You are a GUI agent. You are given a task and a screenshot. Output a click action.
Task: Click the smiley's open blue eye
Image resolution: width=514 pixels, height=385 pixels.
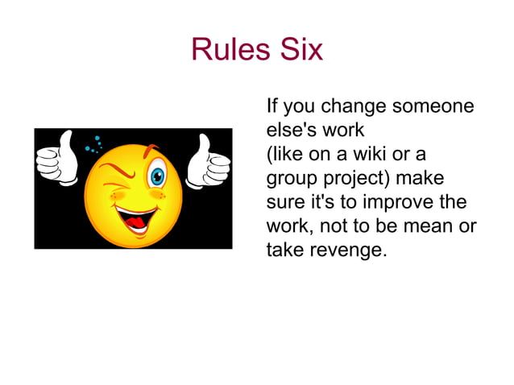point(157,175)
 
